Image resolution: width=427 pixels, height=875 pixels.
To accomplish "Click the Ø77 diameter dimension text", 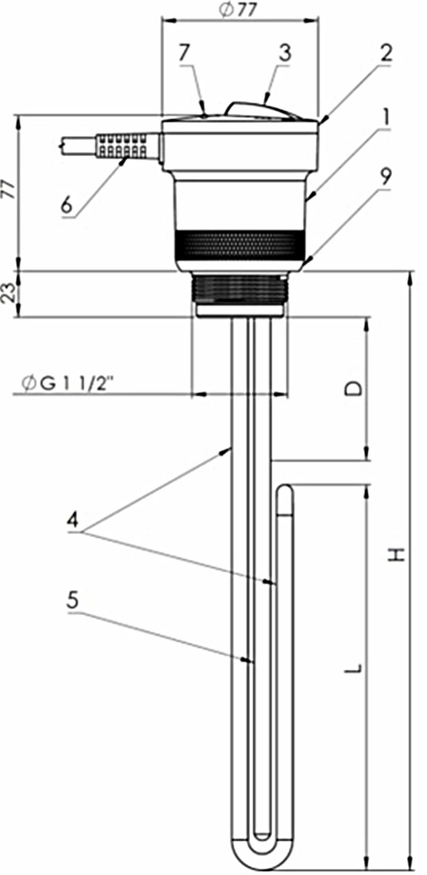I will pyautogui.click(x=238, y=11).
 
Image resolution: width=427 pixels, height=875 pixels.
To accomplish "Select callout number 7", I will pyautogui.click(x=185, y=52).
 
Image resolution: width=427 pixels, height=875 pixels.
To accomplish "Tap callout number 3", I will pyautogui.click(x=284, y=52).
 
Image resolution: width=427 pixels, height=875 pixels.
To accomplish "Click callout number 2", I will pyautogui.click(x=386, y=53).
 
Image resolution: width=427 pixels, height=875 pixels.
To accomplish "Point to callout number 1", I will pyautogui.click(x=387, y=116).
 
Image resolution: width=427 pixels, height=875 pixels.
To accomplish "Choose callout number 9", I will pyautogui.click(x=386, y=177).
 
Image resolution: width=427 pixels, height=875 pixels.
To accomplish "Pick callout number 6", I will pyautogui.click(x=67, y=205).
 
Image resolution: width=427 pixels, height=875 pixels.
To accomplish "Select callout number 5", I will pyautogui.click(x=73, y=600).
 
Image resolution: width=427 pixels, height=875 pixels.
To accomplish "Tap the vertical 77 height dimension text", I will pyautogui.click(x=9, y=189).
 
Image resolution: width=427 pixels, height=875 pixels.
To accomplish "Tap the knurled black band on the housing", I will pyautogui.click(x=239, y=245).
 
